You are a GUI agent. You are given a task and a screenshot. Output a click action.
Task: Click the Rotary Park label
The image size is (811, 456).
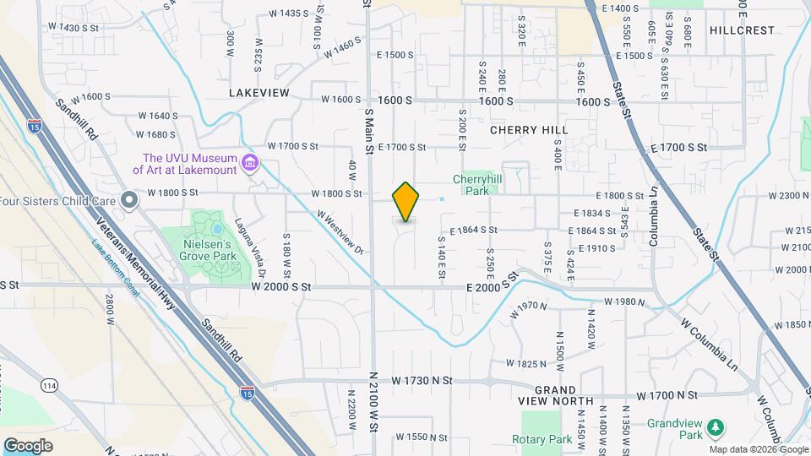click(542, 439)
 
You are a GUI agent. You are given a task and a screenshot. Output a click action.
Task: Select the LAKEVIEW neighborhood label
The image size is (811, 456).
click(259, 93)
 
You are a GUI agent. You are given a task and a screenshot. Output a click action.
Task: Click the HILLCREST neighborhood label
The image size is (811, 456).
click(742, 30)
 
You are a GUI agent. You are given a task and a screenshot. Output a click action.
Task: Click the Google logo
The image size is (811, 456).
click(28, 445)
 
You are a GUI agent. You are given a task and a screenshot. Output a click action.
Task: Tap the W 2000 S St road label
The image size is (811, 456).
click(281, 287)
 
